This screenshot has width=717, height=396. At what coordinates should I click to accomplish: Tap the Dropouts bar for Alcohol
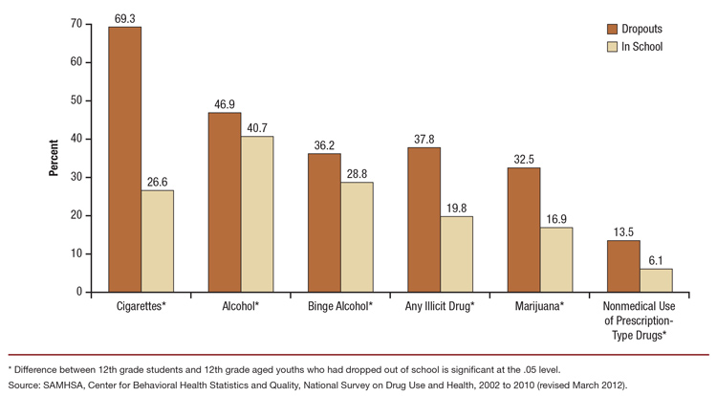[225, 202]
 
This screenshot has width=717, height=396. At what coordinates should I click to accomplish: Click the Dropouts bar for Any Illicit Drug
[424, 219]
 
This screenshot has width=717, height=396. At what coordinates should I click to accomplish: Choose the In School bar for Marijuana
[556, 259]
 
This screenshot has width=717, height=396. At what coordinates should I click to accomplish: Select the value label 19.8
[456, 208]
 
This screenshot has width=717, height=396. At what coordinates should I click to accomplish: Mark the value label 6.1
[656, 260]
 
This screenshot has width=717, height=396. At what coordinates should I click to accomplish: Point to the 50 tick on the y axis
[76, 100]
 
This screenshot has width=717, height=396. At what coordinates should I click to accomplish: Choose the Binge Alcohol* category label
[340, 306]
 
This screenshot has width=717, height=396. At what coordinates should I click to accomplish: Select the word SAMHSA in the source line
[67, 385]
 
